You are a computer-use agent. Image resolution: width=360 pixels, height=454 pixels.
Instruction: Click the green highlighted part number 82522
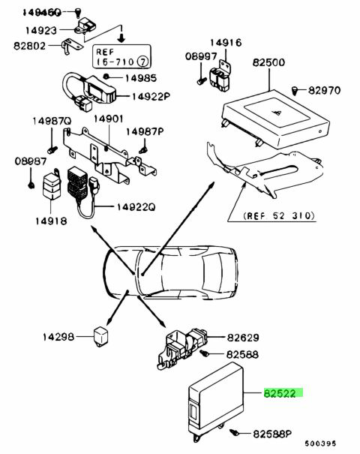(x=279, y=393)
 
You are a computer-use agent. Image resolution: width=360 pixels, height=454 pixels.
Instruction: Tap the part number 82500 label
(x=268, y=62)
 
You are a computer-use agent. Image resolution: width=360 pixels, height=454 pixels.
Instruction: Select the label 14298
(x=58, y=337)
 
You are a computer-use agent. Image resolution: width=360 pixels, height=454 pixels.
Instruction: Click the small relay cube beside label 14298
(x=100, y=336)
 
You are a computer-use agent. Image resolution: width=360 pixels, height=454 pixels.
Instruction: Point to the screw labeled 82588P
(x=235, y=433)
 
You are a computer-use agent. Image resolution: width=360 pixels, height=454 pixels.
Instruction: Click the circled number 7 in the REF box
(x=142, y=62)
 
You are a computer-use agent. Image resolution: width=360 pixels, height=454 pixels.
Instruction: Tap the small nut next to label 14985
(x=106, y=77)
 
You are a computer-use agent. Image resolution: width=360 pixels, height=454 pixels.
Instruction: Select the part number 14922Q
(x=136, y=206)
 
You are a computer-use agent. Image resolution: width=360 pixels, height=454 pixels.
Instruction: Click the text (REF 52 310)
(x=279, y=215)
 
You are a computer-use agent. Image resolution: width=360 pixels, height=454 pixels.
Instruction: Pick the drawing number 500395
(x=320, y=443)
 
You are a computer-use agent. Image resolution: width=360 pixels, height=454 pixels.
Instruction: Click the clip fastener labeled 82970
(x=295, y=90)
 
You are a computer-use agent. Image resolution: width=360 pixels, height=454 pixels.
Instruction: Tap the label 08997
(x=201, y=56)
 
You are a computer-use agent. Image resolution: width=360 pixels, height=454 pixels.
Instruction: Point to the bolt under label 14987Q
(x=52, y=150)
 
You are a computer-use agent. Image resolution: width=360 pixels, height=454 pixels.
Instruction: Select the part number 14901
(x=109, y=119)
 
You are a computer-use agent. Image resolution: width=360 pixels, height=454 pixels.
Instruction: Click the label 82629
(x=243, y=338)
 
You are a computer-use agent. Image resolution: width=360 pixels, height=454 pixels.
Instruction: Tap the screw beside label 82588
(x=205, y=353)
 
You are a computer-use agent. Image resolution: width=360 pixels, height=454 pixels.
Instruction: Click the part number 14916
(x=226, y=43)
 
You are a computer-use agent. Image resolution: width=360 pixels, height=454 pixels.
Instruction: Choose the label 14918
(x=51, y=221)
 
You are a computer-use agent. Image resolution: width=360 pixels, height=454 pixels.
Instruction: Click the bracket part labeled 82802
(x=70, y=46)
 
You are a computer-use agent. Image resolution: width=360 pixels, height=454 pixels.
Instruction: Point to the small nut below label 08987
(x=31, y=185)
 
